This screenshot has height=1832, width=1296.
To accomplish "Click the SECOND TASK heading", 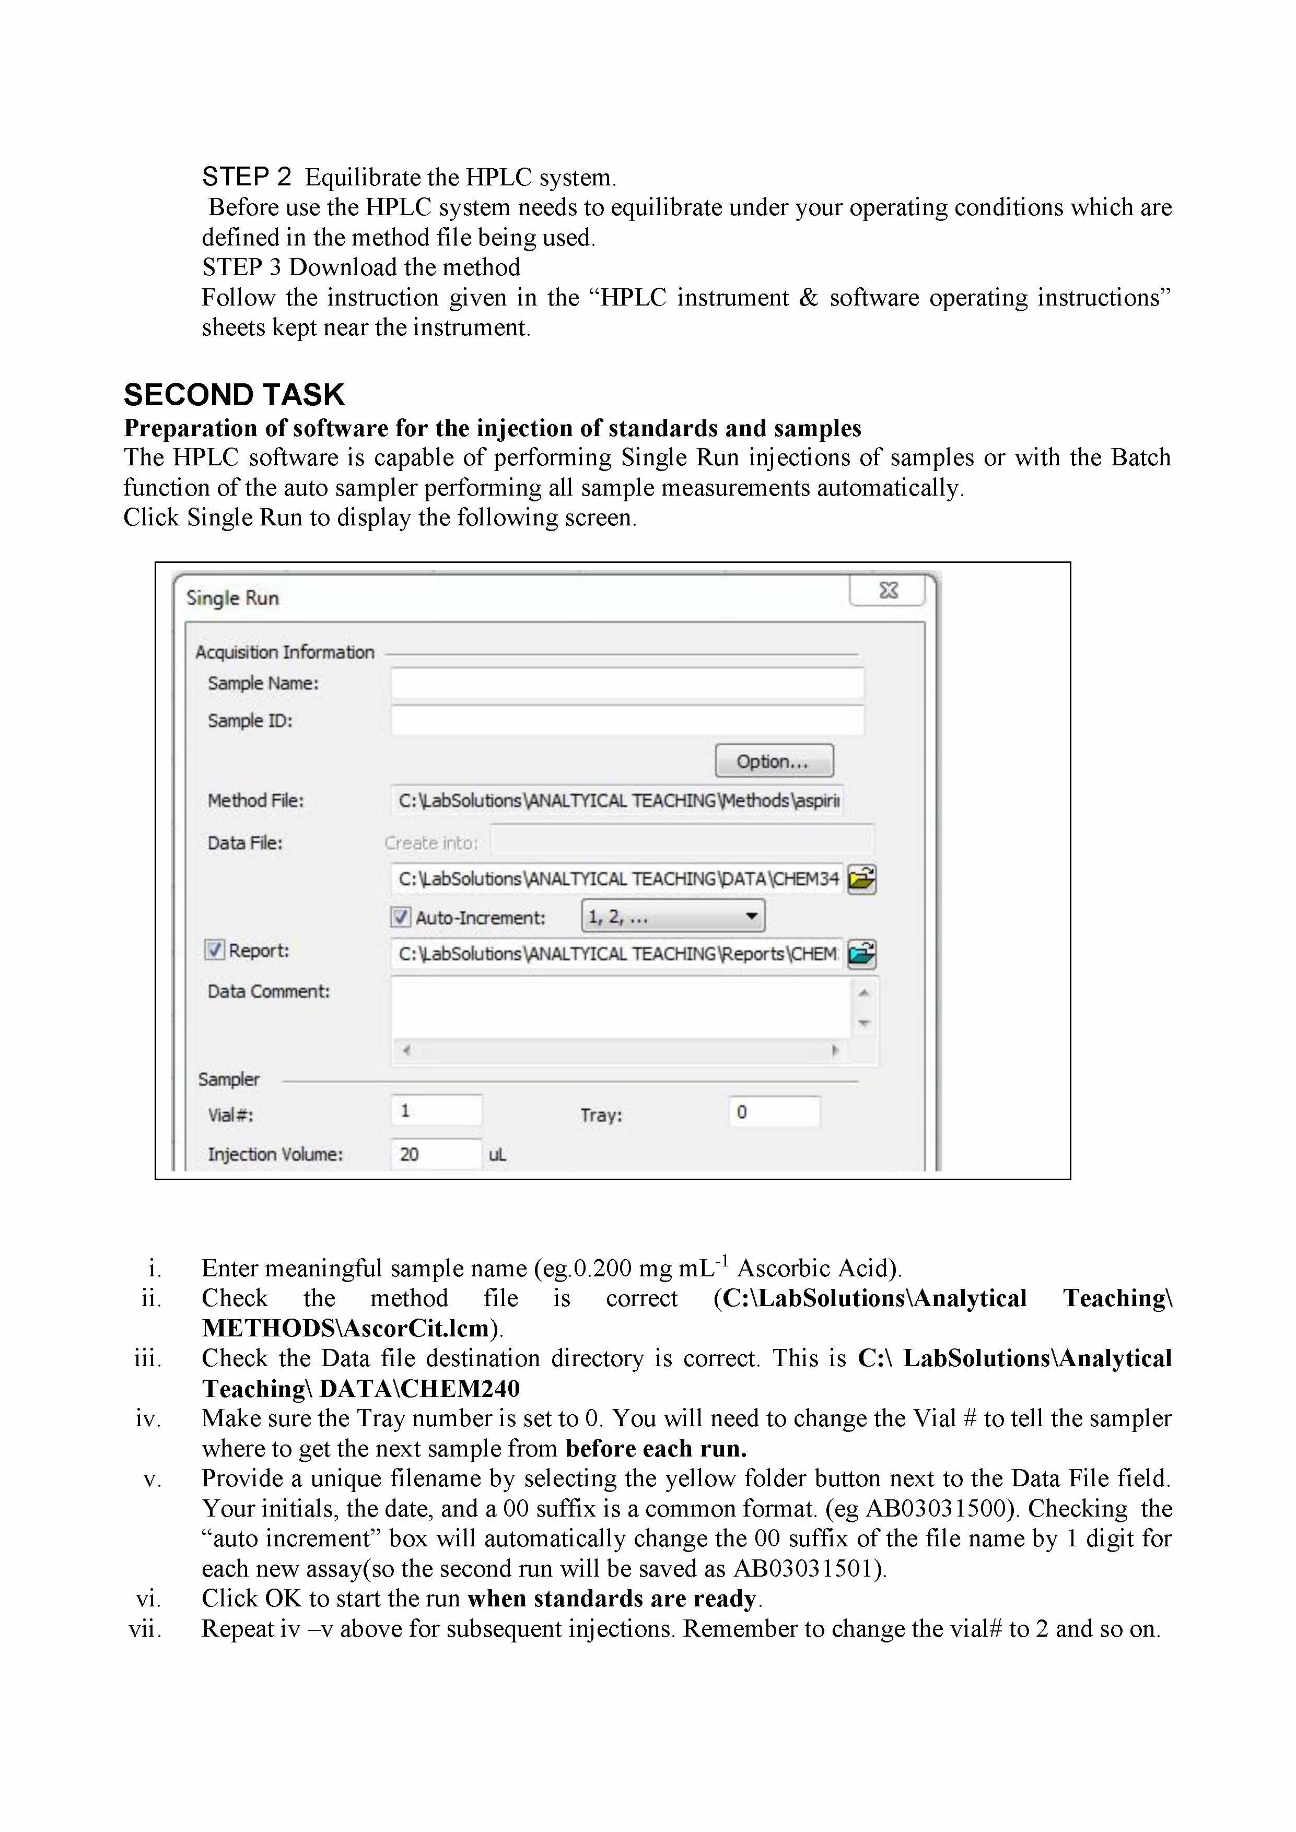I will (234, 395).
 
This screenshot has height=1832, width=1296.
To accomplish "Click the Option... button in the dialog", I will (773, 761).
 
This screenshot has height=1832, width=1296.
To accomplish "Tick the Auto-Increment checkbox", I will (401, 917).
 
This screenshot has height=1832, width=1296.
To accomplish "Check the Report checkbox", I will (214, 949).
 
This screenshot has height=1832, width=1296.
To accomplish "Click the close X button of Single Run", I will (888, 591).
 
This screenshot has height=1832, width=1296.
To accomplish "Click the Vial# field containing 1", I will (436, 1111).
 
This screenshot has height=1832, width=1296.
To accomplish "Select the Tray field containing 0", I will (773, 1111).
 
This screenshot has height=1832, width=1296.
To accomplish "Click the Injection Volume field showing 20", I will (436, 1154).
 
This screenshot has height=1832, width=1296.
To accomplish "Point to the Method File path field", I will (616, 800).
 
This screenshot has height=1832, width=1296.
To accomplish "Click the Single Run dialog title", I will (232, 598).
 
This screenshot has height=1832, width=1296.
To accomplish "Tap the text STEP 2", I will (247, 177).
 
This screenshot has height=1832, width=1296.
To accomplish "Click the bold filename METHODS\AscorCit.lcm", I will (345, 1329).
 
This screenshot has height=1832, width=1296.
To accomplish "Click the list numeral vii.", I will (145, 1628).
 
